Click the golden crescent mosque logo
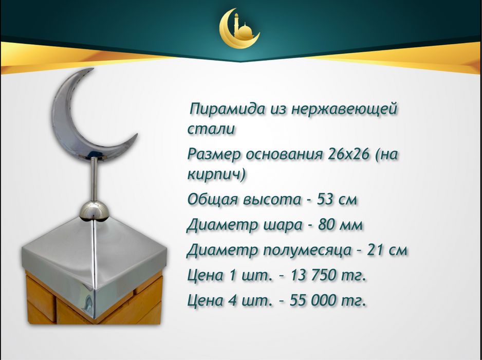[239, 30]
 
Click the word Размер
[213, 154]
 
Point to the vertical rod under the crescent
[95, 180]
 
